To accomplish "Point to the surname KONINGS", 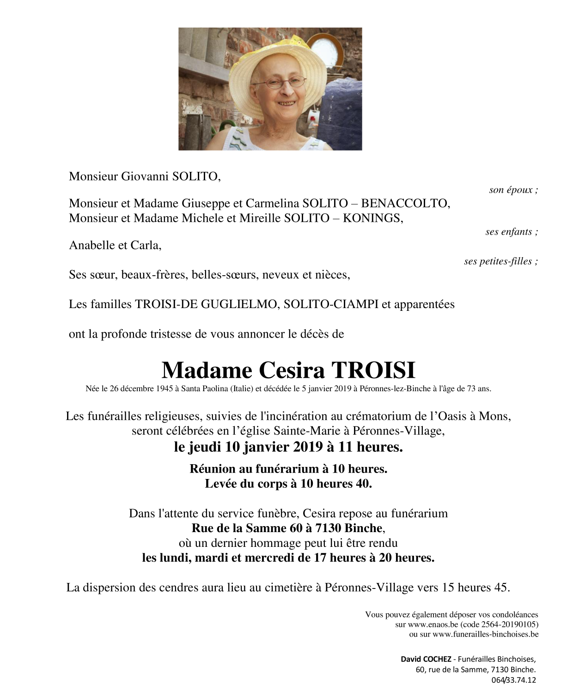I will point(372,218).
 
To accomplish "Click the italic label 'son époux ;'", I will point(513,190).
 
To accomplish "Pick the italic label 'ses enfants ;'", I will point(511,232).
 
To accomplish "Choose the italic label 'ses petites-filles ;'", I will point(500,261).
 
